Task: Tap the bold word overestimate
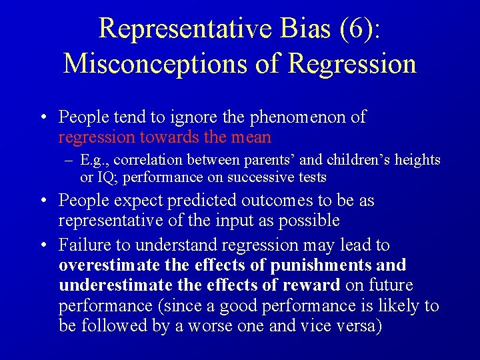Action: coord(109,265)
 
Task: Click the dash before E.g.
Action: coord(69,160)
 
